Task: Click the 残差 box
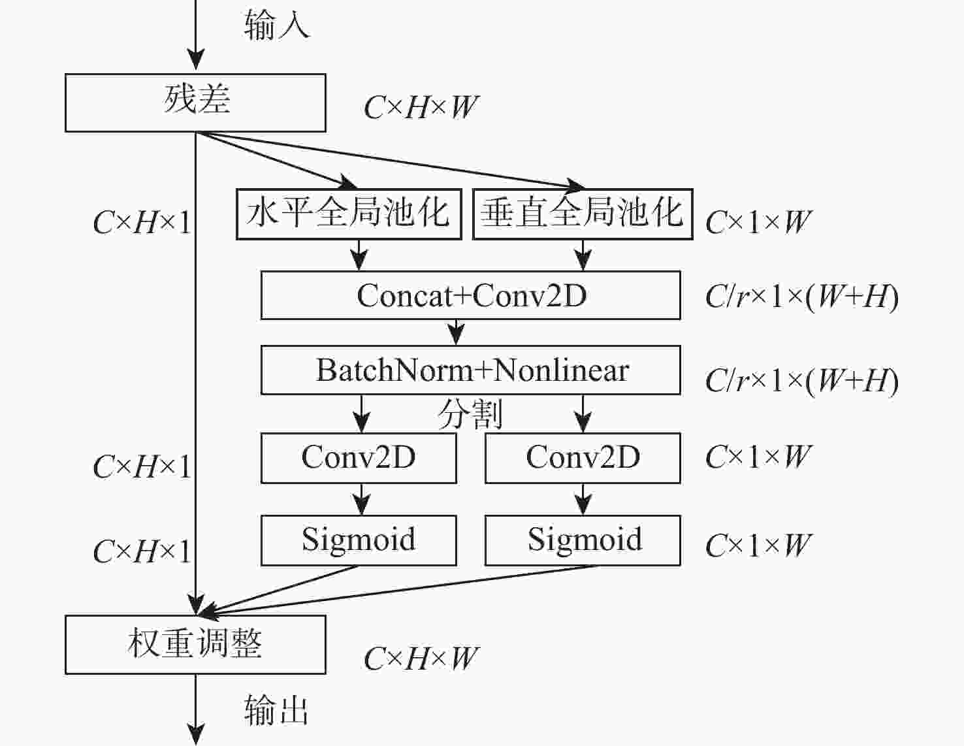pyautogui.click(x=195, y=103)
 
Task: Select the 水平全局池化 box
pyautogui.click(x=349, y=214)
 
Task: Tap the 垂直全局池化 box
pyautogui.click(x=582, y=214)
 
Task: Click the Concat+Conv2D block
pyautogui.click(x=470, y=295)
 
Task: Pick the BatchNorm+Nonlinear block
pyautogui.click(x=470, y=370)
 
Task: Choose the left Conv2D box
pyautogui.click(x=359, y=457)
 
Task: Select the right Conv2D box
pyautogui.click(x=583, y=457)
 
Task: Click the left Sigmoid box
pyautogui.click(x=359, y=540)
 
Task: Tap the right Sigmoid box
pyautogui.click(x=583, y=540)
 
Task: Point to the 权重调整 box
pyautogui.click(x=195, y=644)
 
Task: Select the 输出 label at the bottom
pyautogui.click(x=276, y=709)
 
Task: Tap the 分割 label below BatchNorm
pyautogui.click(x=470, y=414)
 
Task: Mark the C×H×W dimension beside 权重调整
pyautogui.click(x=421, y=659)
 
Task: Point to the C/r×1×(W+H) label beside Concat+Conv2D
pyautogui.click(x=801, y=297)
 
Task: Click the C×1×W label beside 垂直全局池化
pyautogui.click(x=758, y=223)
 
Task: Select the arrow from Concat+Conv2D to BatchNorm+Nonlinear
pyautogui.click(x=457, y=332)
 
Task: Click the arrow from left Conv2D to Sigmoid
pyautogui.click(x=361, y=500)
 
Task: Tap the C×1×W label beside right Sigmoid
pyautogui.click(x=758, y=545)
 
